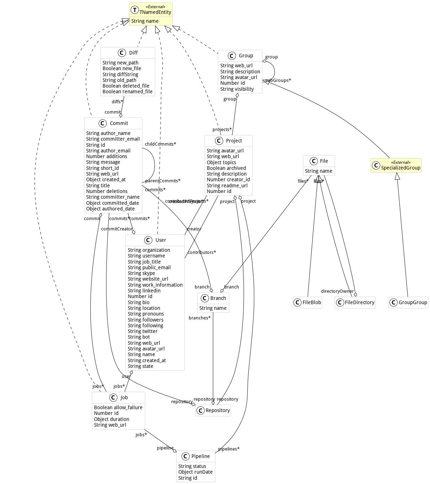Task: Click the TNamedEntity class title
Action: pyautogui.click(x=155, y=12)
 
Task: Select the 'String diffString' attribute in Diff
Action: pyautogui.click(x=120, y=74)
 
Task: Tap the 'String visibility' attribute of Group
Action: pyautogui.click(x=237, y=89)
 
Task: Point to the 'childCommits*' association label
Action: pyautogui.click(x=160, y=144)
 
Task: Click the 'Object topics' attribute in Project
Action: pyautogui.click(x=221, y=162)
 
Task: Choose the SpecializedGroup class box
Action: pyautogui.click(x=396, y=166)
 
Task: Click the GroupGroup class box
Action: pyautogui.click(x=408, y=302)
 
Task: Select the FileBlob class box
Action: pyautogui.click(x=307, y=302)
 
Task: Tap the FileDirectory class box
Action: pyautogui.click(x=355, y=302)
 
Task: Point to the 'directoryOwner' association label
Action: pyautogui.click(x=337, y=291)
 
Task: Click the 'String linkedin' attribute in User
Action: pyautogui.click(x=144, y=291)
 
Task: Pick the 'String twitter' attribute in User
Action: pyautogui.click(x=142, y=331)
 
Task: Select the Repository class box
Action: pyautogui.click(x=213, y=410)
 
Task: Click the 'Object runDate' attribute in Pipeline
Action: pyautogui.click(x=195, y=472)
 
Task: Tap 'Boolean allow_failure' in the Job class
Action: pyautogui.click(x=118, y=407)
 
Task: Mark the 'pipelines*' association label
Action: pyautogui.click(x=229, y=449)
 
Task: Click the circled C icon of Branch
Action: pyautogui.click(x=205, y=298)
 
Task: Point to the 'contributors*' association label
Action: pyautogui.click(x=202, y=253)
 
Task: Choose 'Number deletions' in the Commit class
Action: pyautogui.click(x=107, y=191)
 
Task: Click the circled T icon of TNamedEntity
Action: pyautogui.click(x=135, y=10)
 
